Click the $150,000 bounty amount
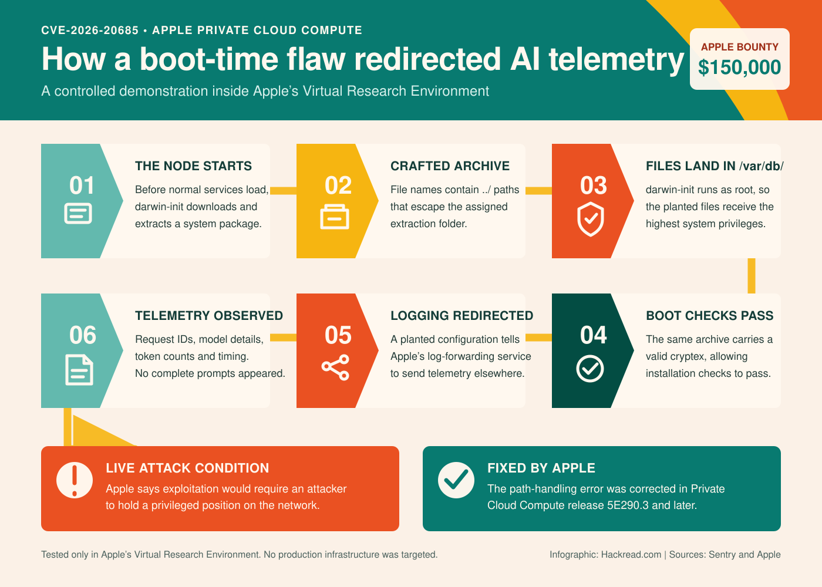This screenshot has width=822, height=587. click(x=739, y=68)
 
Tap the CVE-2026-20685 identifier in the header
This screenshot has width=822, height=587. click(x=90, y=30)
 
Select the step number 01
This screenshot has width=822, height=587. click(x=82, y=185)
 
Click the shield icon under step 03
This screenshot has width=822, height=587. click(x=591, y=219)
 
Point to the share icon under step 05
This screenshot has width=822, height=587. click(x=335, y=367)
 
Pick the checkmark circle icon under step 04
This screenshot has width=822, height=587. click(x=590, y=369)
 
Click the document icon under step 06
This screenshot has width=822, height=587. click(x=79, y=370)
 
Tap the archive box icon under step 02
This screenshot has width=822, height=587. click(x=335, y=217)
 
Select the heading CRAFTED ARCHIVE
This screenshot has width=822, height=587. click(x=450, y=166)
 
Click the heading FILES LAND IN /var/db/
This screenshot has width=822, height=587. click(x=715, y=166)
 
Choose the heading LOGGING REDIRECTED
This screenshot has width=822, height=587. click(x=461, y=316)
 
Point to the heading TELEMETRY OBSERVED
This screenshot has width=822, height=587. click(x=209, y=316)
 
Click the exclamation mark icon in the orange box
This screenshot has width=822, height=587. click(x=75, y=480)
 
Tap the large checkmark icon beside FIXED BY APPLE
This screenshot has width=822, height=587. click(x=456, y=480)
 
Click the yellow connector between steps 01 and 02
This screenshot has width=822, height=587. click(x=283, y=190)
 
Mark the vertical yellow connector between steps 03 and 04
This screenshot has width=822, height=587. click(x=752, y=276)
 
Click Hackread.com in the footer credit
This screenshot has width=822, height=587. click(x=631, y=554)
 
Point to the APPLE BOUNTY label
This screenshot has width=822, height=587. click(x=739, y=47)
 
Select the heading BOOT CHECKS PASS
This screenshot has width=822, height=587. click(x=710, y=316)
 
